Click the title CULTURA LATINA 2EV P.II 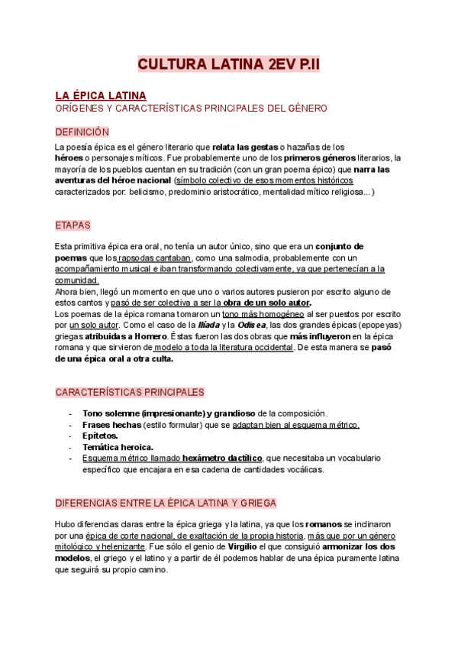[229, 65]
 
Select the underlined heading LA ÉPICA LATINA [100, 96]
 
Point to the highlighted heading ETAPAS [73, 225]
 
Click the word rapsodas [139, 258]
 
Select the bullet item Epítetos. [99, 436]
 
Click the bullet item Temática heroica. [118, 447]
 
